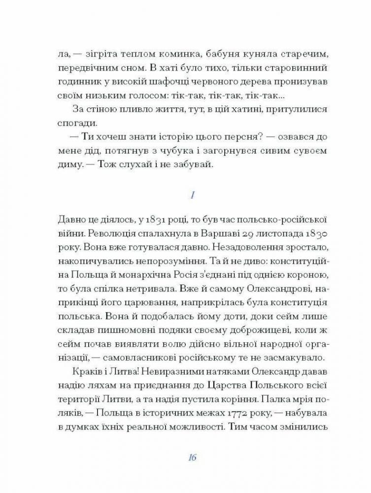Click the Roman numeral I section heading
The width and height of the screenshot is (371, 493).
click(192, 195)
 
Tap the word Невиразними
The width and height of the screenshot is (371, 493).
click(158, 371)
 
